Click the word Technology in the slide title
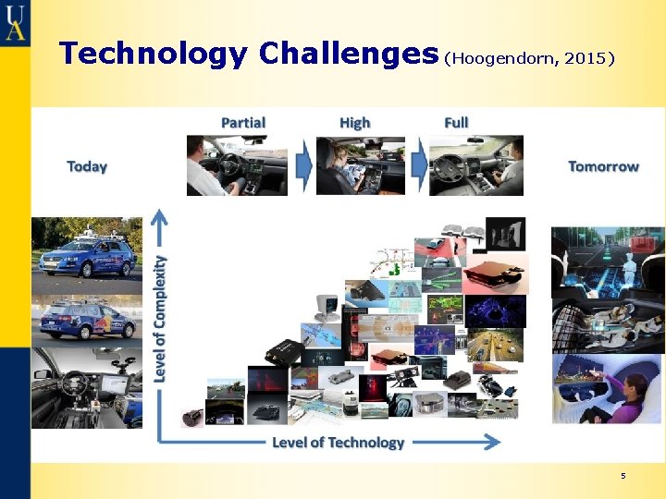[x=154, y=54]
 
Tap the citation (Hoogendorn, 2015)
[x=530, y=58]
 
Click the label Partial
[x=243, y=123]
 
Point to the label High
[x=354, y=123]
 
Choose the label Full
[x=456, y=123]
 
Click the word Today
[x=87, y=166]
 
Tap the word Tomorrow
[x=603, y=166]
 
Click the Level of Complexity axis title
[x=161, y=318]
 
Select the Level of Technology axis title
[x=338, y=443]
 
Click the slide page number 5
[x=623, y=476]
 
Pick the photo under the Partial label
[x=237, y=165]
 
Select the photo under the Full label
[x=475, y=165]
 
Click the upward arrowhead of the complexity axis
[x=161, y=219]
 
